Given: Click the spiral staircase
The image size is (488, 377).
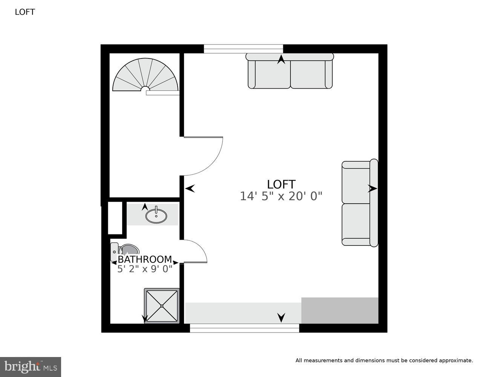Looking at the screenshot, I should tap(145, 75).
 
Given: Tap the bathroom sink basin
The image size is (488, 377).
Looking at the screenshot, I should tap(156, 216).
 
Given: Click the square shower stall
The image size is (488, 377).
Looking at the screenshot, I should tap(162, 306).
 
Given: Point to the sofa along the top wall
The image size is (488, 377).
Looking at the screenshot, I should tap(290, 72).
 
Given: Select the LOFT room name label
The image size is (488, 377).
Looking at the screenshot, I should tap(281, 184).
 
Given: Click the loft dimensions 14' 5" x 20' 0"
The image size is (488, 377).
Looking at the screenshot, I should tap(281, 196).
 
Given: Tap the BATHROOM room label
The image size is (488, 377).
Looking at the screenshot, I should tap(145, 259).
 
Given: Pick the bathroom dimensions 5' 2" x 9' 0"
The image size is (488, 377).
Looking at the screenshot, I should tap(145, 269).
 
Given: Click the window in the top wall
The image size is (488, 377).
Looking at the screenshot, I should tap(243, 49).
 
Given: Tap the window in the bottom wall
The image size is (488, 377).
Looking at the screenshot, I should tap(244, 328).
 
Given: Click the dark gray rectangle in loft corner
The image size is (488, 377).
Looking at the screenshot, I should tap(340, 310).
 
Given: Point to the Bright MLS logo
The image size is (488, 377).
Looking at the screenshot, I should tap(31, 367).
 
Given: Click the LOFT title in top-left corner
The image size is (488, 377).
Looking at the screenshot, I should tap(25, 12).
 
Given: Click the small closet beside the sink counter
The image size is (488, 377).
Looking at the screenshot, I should tap(115, 218).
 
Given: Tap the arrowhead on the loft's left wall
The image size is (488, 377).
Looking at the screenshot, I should tap(190, 188).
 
